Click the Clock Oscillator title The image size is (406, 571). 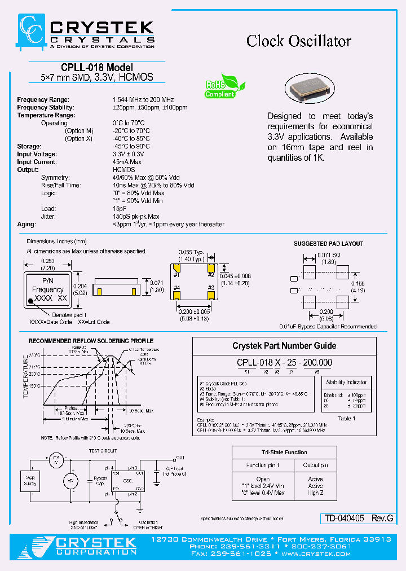(299, 41)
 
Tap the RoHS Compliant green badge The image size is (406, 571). (222, 87)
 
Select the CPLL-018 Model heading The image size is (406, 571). (96, 68)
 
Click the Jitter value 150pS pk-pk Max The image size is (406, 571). (136, 217)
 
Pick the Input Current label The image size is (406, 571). (37, 162)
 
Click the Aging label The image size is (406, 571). (26, 224)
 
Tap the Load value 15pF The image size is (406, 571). (120, 209)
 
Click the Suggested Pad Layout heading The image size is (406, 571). (328, 244)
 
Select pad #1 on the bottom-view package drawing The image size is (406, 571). (176, 267)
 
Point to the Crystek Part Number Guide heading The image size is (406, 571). (284, 345)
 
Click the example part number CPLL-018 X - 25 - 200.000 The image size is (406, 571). (284, 363)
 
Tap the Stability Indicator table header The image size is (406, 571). (346, 382)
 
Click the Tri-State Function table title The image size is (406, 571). (285, 452)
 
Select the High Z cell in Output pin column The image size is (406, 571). (315, 493)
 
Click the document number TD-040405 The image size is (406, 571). (343, 518)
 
